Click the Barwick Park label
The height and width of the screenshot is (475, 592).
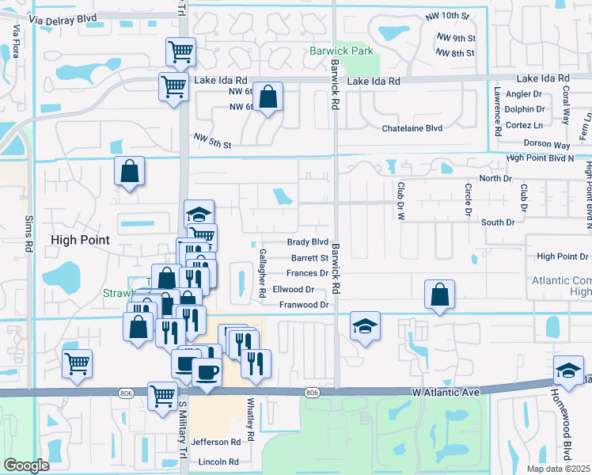tap(341, 51)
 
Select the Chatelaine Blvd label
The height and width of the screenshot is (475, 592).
tap(412, 128)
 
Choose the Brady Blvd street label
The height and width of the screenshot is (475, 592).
tap(307, 242)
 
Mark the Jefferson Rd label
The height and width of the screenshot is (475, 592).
tap(214, 442)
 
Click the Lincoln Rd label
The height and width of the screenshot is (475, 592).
tap(218, 462)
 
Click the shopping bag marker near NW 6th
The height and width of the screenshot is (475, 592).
tap(268, 97)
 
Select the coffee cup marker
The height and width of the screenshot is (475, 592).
tap(207, 371)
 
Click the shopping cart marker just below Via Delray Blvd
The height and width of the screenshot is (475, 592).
tap(180, 52)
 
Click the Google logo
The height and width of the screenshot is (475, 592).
tap(26, 465)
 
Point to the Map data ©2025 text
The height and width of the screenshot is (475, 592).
tap(558, 469)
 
